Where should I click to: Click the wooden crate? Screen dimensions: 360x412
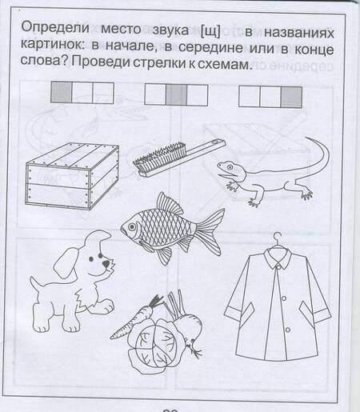point(72,175)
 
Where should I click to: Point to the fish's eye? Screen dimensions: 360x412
point(132,227)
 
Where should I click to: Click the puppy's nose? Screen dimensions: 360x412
point(106,264)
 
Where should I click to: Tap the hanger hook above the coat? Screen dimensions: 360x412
point(278,238)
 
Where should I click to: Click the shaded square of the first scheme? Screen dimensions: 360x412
point(62,93)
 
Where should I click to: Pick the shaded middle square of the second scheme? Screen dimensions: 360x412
point(176,95)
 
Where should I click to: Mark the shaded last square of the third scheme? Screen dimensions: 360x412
point(291,97)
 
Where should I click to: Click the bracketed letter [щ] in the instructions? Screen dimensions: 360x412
point(210,31)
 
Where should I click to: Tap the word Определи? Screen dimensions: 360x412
point(55,28)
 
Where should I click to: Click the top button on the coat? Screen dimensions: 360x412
point(278,267)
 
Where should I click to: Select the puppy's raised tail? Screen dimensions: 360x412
point(35,284)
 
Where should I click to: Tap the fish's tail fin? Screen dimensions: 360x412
point(210,231)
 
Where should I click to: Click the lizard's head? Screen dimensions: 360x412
point(227,169)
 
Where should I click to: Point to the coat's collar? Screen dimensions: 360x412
point(278,258)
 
